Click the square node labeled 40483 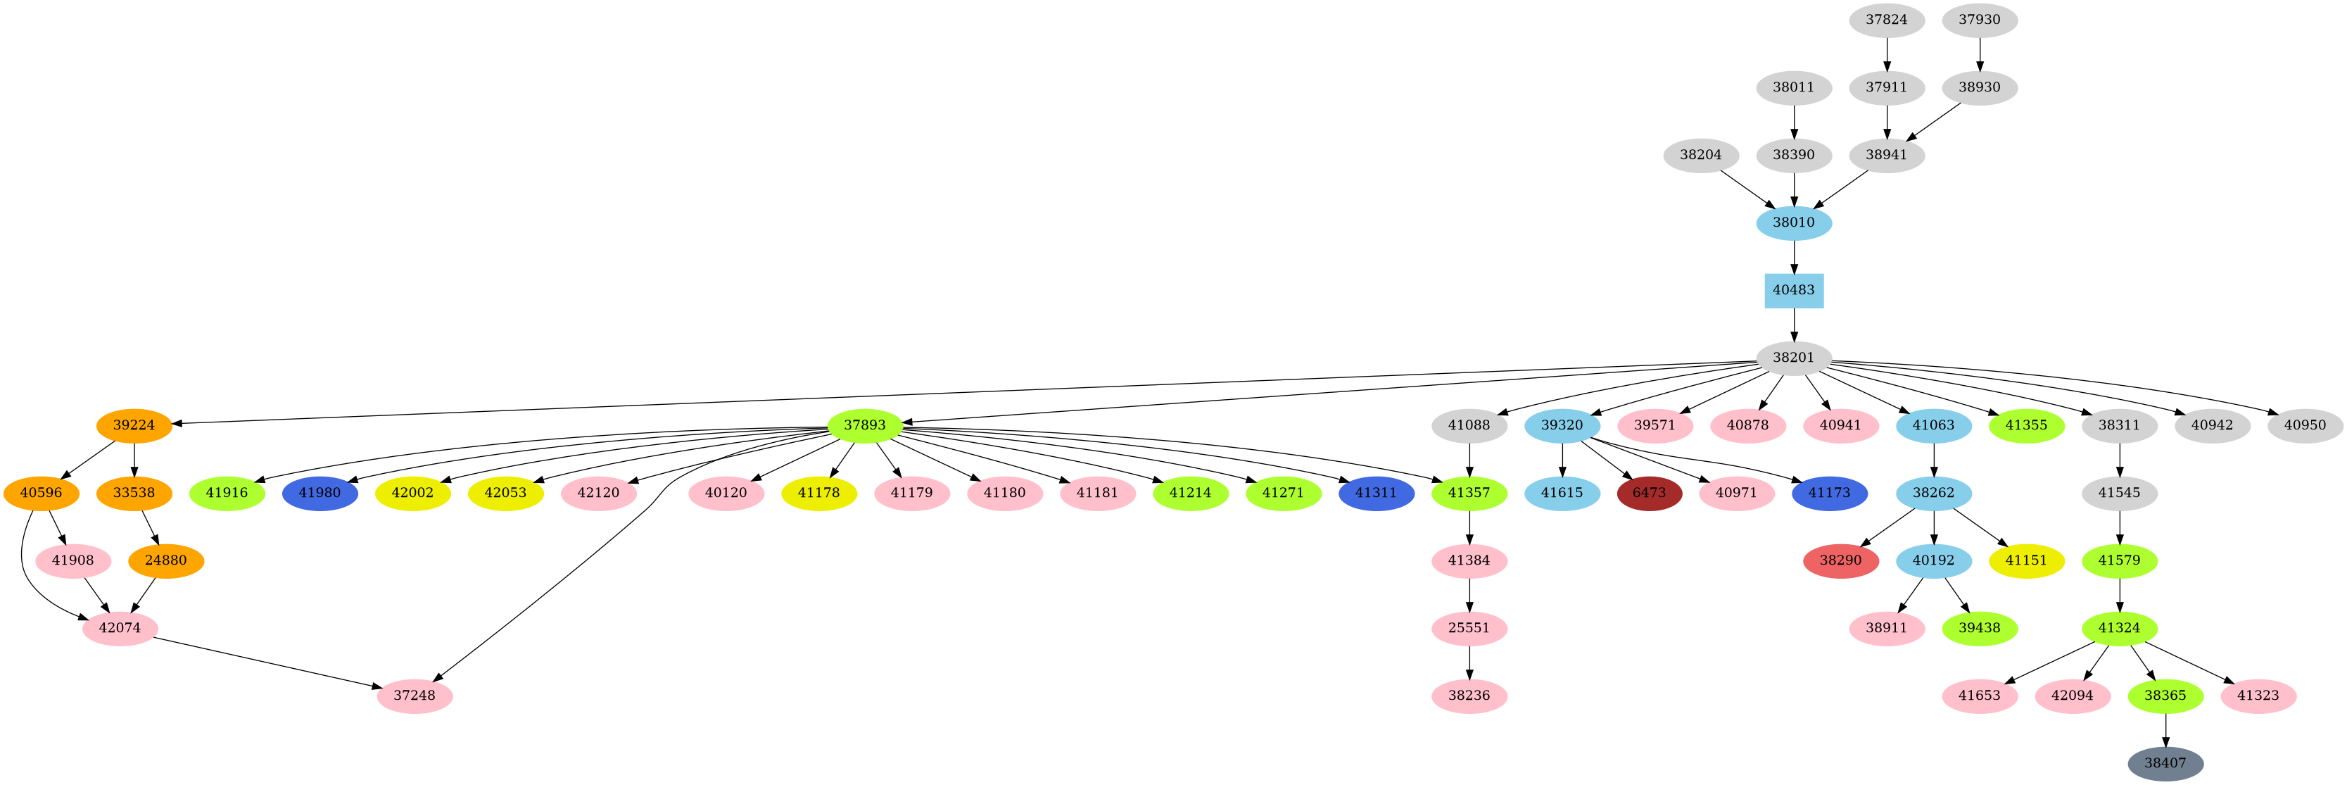coord(1793,290)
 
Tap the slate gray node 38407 coord(2165,763)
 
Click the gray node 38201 coord(1793,358)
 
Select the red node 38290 coord(1840,560)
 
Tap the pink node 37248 coord(415,696)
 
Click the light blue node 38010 coord(1793,222)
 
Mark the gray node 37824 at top coord(1886,20)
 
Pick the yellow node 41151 coord(2026,560)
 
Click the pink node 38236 coord(1469,696)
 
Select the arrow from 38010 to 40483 coord(1793,256)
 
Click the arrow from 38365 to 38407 coord(2165,729)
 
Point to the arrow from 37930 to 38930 coord(1979,54)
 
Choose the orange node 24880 coord(166,560)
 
